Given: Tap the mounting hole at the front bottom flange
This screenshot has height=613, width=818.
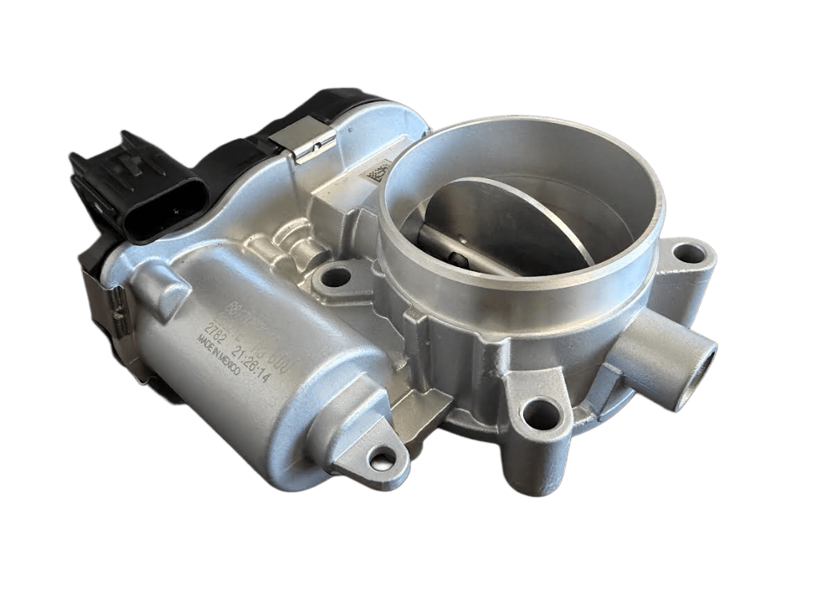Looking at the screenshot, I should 538,414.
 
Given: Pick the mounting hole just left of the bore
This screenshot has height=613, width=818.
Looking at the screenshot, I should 336,277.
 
